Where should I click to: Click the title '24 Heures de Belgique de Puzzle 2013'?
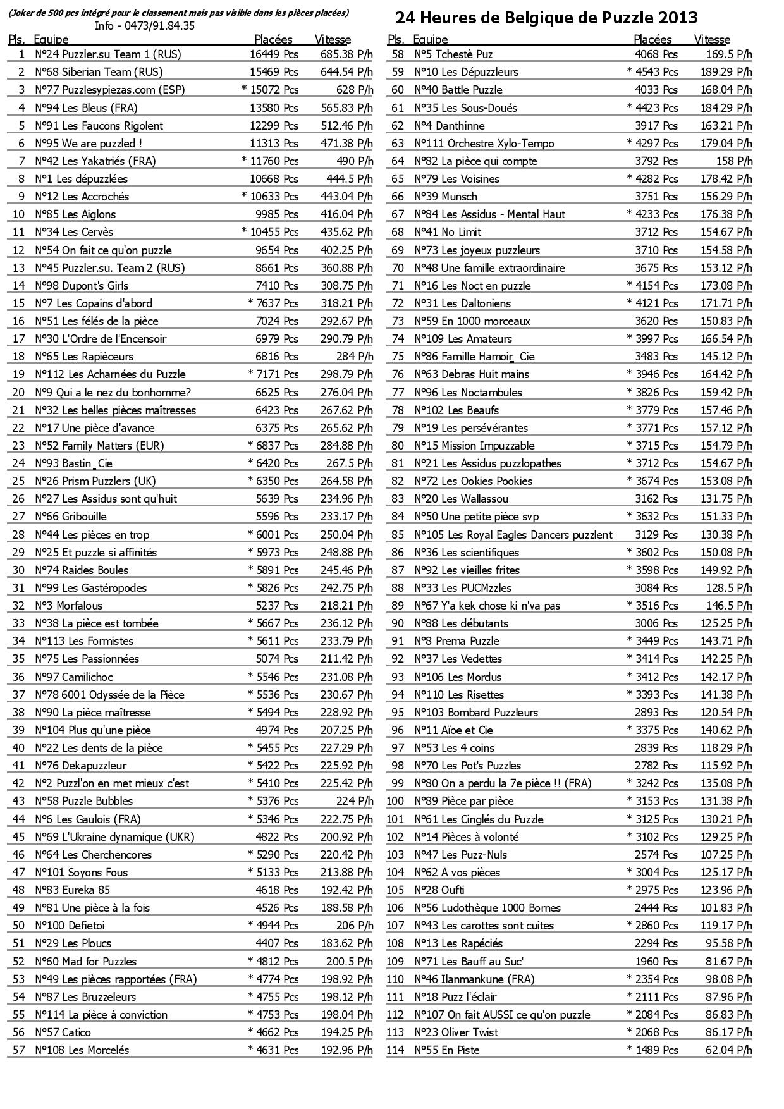click(546, 18)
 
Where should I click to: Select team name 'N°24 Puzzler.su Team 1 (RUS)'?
click(107, 54)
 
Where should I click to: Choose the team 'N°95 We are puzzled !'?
click(89, 143)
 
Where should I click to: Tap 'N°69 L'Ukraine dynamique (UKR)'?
click(114, 836)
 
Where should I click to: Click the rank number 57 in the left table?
click(18, 1050)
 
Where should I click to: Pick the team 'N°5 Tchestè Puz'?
click(453, 54)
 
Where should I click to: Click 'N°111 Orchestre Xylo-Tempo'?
click(484, 143)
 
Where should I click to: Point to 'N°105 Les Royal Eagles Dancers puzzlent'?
click(513, 534)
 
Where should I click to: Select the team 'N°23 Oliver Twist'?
click(456, 1032)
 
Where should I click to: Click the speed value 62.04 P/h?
click(729, 1050)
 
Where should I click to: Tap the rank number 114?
click(395, 1050)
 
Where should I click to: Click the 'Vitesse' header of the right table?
click(712, 39)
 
